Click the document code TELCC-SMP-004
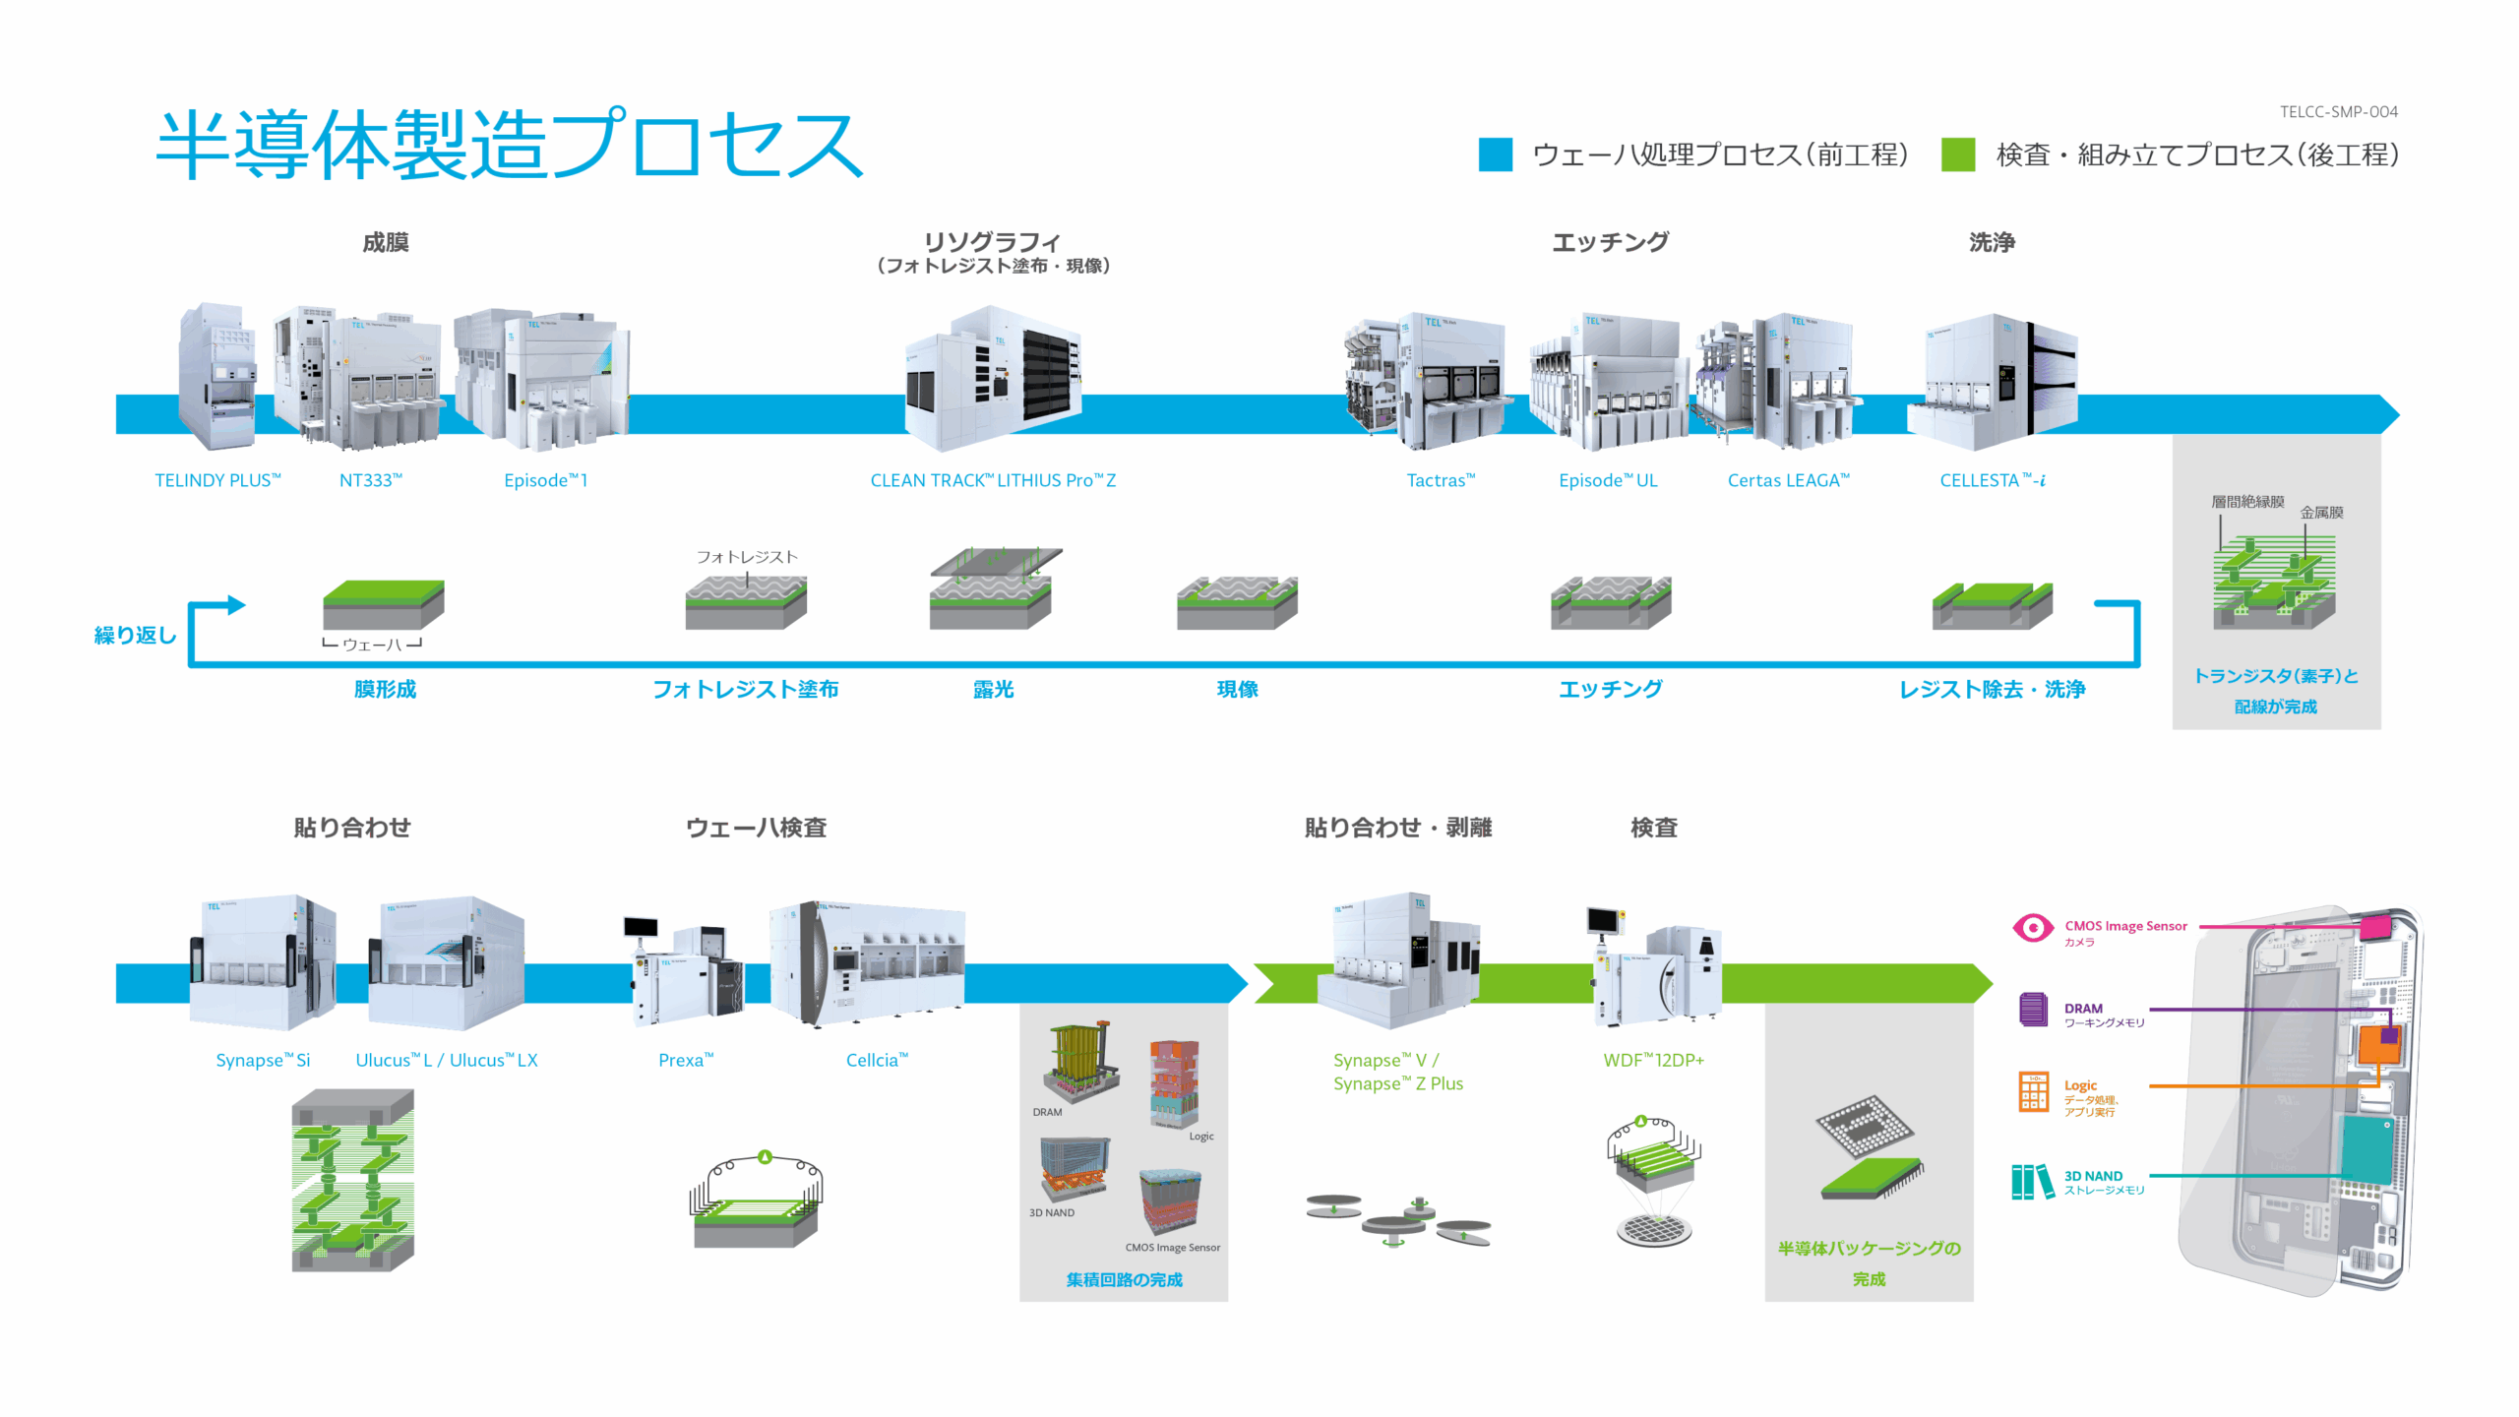click(2338, 112)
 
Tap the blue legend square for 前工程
click(1495, 154)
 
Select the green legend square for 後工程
click(1957, 154)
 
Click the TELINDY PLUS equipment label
click(217, 480)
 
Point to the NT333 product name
click(371, 480)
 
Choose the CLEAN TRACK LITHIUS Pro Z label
click(993, 480)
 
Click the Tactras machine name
click(1441, 480)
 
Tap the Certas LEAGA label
click(1788, 480)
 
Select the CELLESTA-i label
click(1993, 480)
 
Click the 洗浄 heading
click(1992, 242)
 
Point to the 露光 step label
click(993, 689)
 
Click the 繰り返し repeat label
click(135, 635)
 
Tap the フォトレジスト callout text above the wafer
click(747, 557)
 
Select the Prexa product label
click(686, 1060)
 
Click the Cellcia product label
click(877, 1060)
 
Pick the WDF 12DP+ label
click(1653, 1060)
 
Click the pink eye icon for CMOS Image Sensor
click(2033, 927)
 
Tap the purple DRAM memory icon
click(2033, 1010)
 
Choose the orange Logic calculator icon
click(2033, 1091)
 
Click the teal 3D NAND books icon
click(2033, 1181)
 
